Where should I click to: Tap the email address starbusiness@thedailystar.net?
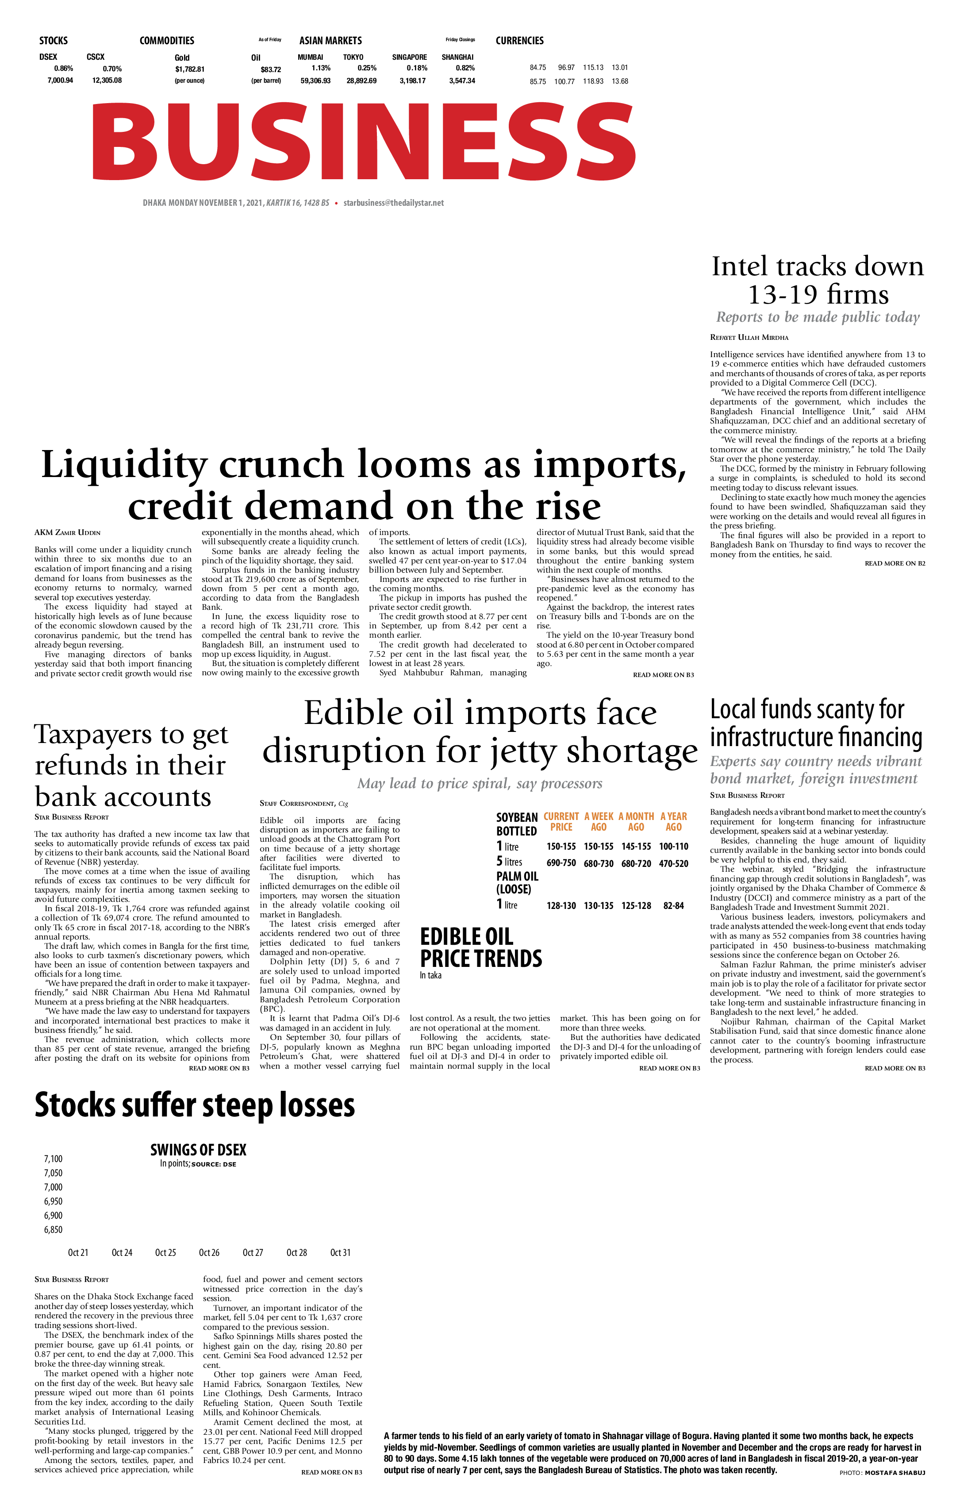coord(394,203)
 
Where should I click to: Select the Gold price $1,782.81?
coord(189,69)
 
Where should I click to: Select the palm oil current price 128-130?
coord(561,905)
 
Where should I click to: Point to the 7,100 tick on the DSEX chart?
coord(53,1159)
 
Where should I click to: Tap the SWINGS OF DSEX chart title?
coord(198,1150)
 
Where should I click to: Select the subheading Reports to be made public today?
coord(818,317)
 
